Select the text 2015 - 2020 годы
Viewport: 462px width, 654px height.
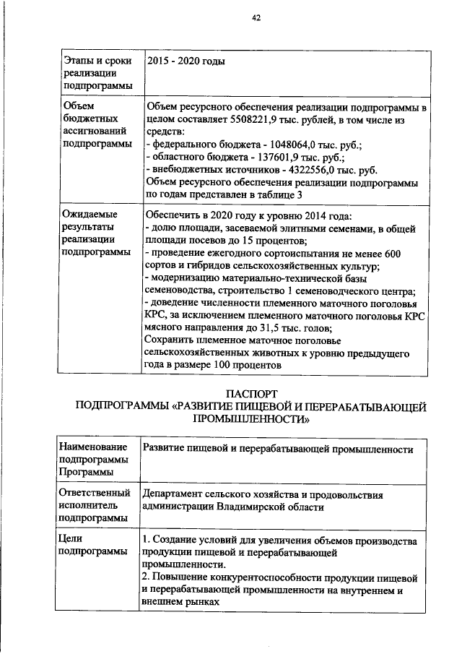[x=186, y=61]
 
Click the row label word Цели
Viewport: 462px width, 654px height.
[x=72, y=538]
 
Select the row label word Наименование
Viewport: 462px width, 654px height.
[x=93, y=447]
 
